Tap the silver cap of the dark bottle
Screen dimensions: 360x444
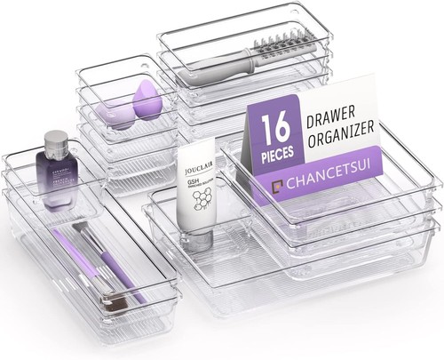55,140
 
